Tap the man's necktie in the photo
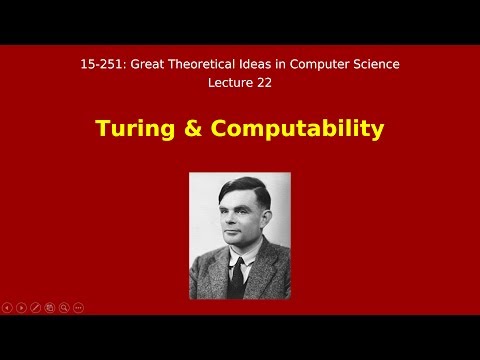(x=237, y=275)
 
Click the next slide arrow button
(x=21, y=307)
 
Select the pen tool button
(x=35, y=307)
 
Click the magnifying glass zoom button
(x=64, y=307)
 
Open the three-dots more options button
(x=78, y=307)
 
